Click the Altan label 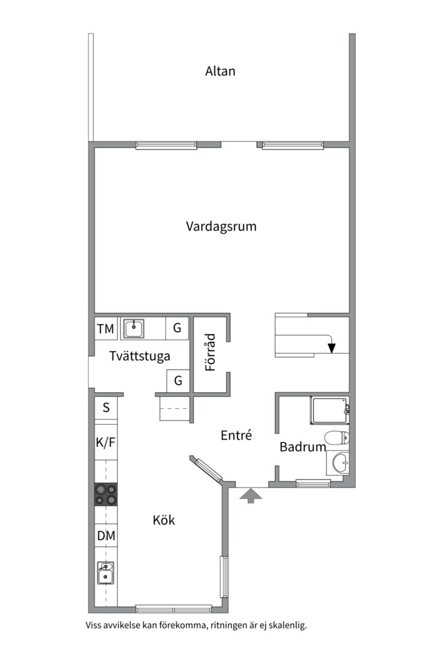click(x=220, y=71)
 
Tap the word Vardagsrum click(x=221, y=226)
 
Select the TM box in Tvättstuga click(x=106, y=329)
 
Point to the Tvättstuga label click(x=139, y=356)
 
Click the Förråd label click(x=210, y=352)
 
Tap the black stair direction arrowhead click(x=332, y=348)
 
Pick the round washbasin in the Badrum click(x=338, y=462)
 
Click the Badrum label click(x=302, y=447)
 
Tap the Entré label click(x=236, y=435)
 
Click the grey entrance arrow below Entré click(x=249, y=496)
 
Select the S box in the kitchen click(x=106, y=407)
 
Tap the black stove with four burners click(x=106, y=494)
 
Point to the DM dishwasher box click(x=106, y=536)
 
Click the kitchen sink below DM click(x=106, y=574)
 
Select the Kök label click(x=164, y=520)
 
